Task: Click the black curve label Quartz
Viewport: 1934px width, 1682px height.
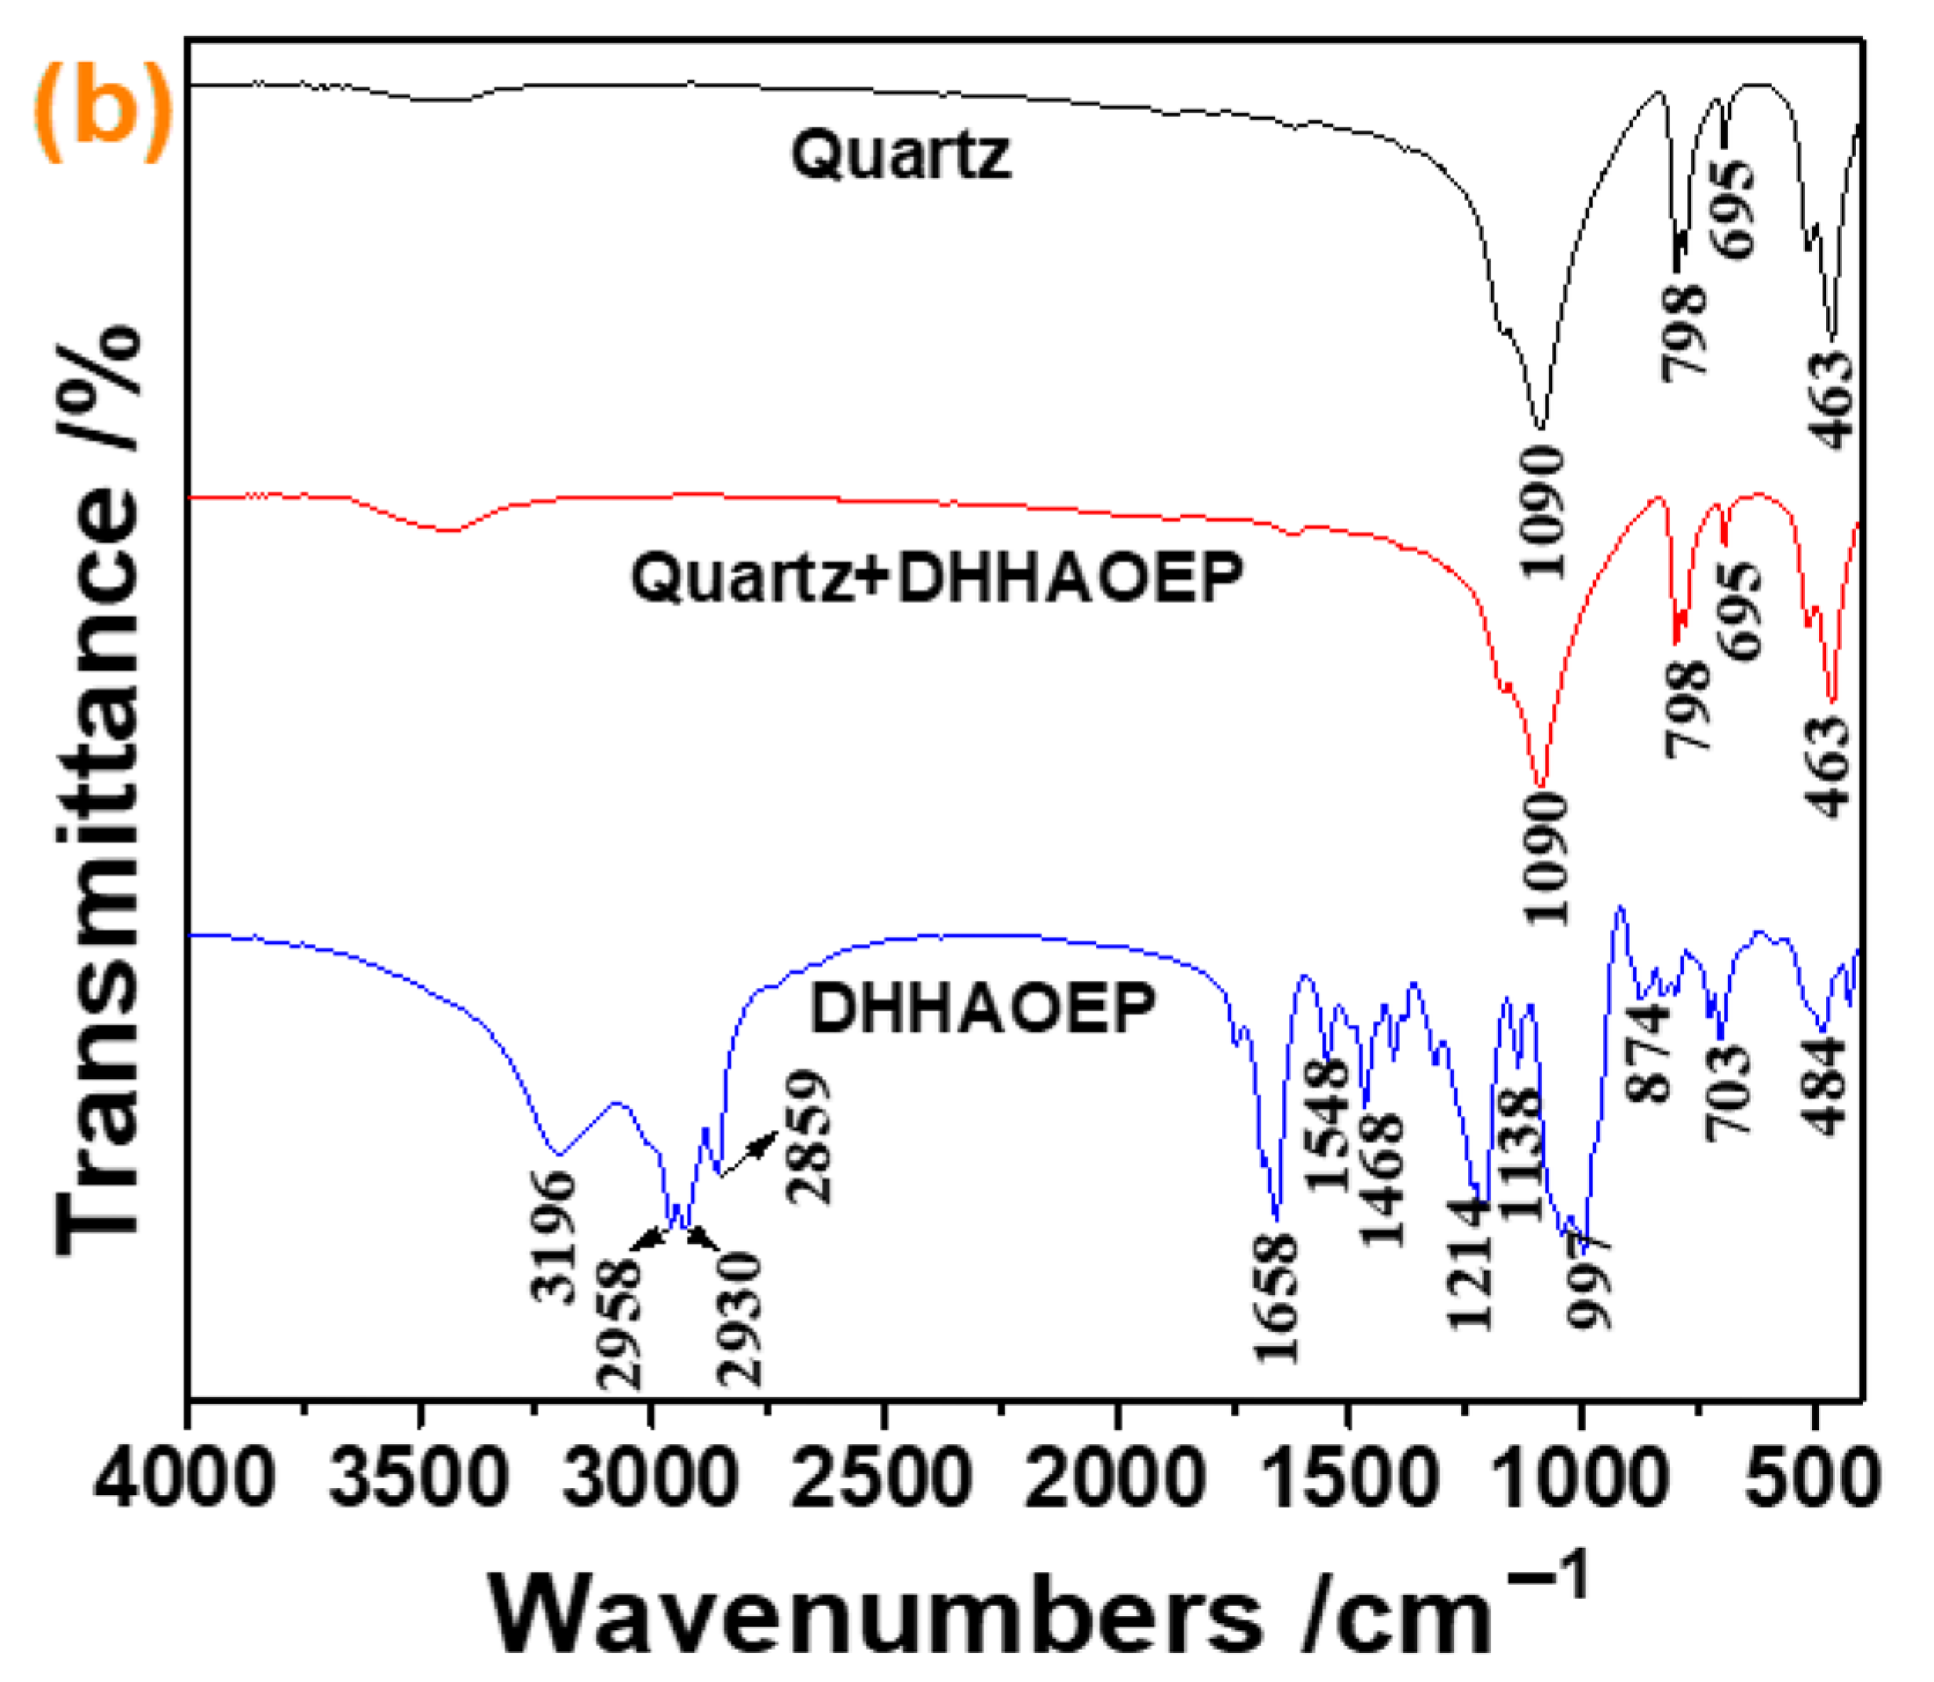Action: click(899, 155)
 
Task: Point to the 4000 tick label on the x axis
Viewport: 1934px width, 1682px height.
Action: click(185, 1478)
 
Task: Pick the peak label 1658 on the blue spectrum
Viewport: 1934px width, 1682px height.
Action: click(1276, 1298)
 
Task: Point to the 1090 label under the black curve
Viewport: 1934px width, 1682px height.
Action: click(1543, 512)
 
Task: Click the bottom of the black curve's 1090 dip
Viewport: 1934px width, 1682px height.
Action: click(1540, 427)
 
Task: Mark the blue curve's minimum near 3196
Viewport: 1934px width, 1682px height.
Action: click(559, 1154)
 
